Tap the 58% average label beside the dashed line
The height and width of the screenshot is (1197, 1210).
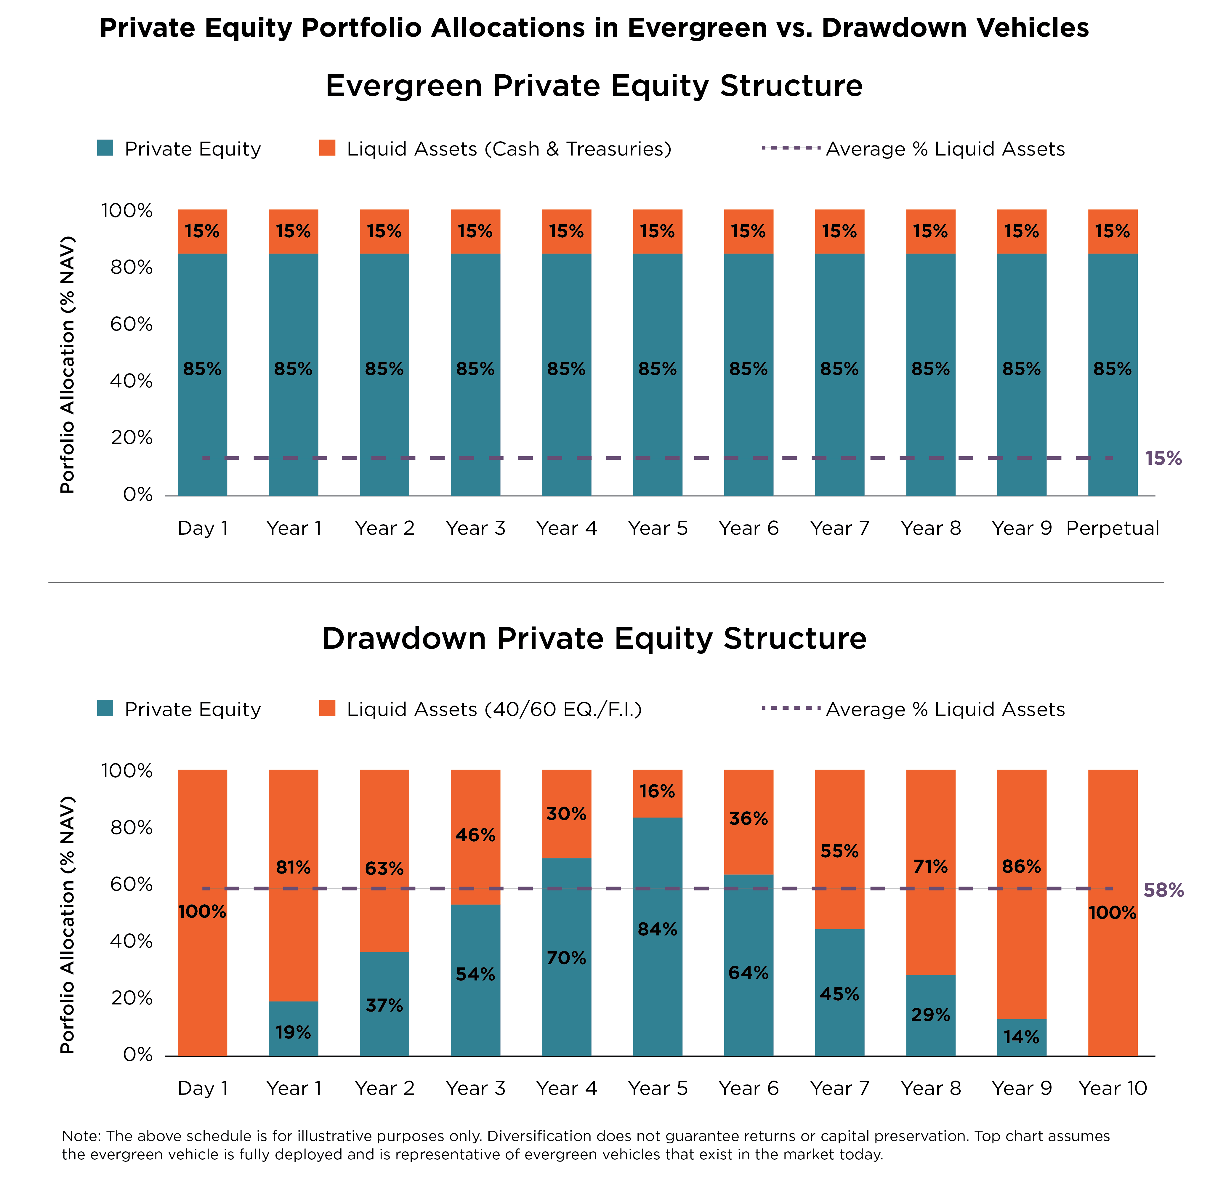coord(1163,890)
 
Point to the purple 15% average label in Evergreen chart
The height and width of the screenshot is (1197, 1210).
coord(1163,459)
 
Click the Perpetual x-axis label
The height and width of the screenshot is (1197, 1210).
coord(1112,528)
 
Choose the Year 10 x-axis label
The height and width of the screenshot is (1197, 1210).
coord(1112,1088)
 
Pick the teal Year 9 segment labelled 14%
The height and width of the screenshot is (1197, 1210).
coord(1022,1037)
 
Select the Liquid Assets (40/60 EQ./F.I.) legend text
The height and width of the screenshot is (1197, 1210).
coord(494,709)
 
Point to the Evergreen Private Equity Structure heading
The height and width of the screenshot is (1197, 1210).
coord(594,86)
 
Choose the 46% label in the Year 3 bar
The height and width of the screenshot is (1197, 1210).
coord(475,835)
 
